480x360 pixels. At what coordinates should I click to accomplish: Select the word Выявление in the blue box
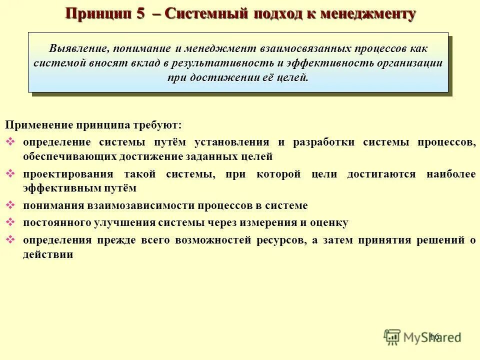(78, 49)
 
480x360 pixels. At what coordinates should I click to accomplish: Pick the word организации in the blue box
(414, 63)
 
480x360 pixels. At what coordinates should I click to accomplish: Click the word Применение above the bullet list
(39, 124)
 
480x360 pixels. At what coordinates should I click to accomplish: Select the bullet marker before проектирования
(10, 174)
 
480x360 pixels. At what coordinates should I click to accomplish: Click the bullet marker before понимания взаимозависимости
(10, 205)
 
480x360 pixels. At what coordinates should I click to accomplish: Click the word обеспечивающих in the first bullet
(69, 156)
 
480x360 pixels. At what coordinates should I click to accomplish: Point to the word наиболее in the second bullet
(451, 174)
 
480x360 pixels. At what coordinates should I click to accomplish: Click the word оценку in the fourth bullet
(330, 222)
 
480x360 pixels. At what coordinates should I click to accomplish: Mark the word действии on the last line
(48, 254)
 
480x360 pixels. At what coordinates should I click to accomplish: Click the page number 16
(433, 336)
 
